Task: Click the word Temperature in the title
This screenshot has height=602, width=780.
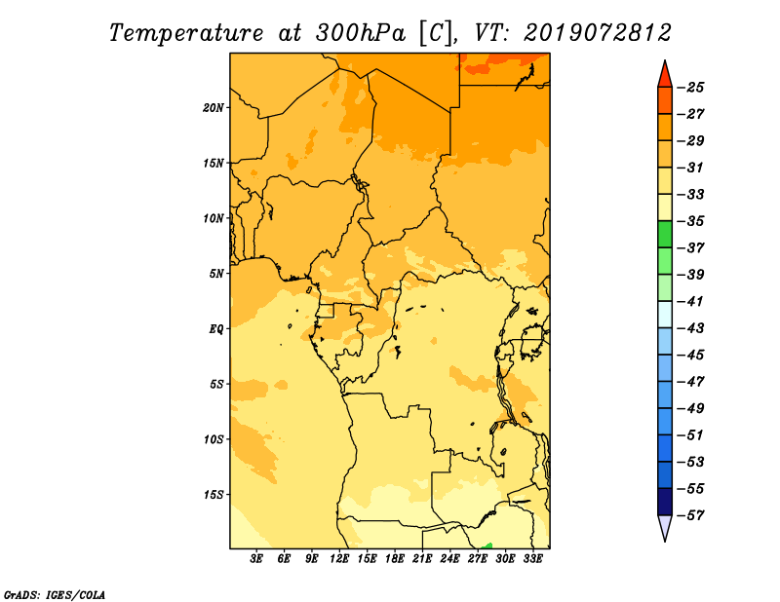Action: pos(186,33)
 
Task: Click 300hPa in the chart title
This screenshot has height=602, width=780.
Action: pos(361,33)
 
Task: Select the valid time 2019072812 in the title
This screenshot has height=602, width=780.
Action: pos(597,33)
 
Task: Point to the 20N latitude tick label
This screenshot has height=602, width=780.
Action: pos(213,107)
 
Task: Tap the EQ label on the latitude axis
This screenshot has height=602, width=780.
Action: pos(215,329)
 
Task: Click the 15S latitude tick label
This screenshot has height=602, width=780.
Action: pos(214,495)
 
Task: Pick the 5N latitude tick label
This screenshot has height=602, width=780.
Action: pos(216,274)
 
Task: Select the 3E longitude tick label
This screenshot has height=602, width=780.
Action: pos(256,558)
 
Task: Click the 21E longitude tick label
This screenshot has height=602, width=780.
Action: pos(422,558)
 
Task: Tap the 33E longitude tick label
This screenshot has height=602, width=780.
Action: pos(532,558)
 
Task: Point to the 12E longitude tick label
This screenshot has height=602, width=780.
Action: pos(338,558)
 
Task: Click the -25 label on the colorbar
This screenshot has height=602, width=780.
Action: pos(691,88)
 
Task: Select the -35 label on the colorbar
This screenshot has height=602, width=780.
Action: pos(691,221)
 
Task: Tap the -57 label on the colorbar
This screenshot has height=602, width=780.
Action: pos(691,515)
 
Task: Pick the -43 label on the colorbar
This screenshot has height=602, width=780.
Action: pos(691,328)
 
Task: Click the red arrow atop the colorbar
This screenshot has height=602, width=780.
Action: pos(665,76)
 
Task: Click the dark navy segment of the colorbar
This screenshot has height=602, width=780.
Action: pos(665,502)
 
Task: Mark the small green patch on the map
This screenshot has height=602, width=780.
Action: pos(487,546)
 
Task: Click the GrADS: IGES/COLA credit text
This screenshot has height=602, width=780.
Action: pos(55,594)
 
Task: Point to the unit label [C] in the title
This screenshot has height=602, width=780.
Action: pos(436,33)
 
